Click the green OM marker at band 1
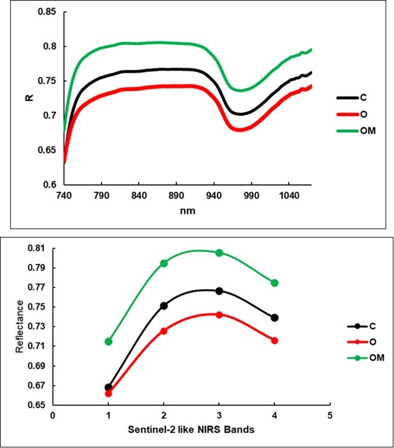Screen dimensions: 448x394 pyautogui.click(x=108, y=342)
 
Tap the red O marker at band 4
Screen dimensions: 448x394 pyautogui.click(x=275, y=340)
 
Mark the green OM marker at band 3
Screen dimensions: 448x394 pyautogui.click(x=219, y=253)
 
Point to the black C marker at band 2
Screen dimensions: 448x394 pyautogui.click(x=164, y=305)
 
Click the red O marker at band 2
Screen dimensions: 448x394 pyautogui.click(x=164, y=331)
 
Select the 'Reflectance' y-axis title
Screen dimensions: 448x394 pyautogui.click(x=20, y=325)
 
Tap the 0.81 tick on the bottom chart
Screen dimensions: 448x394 pyautogui.click(x=37, y=248)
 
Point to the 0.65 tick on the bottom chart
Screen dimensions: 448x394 pyautogui.click(x=37, y=405)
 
